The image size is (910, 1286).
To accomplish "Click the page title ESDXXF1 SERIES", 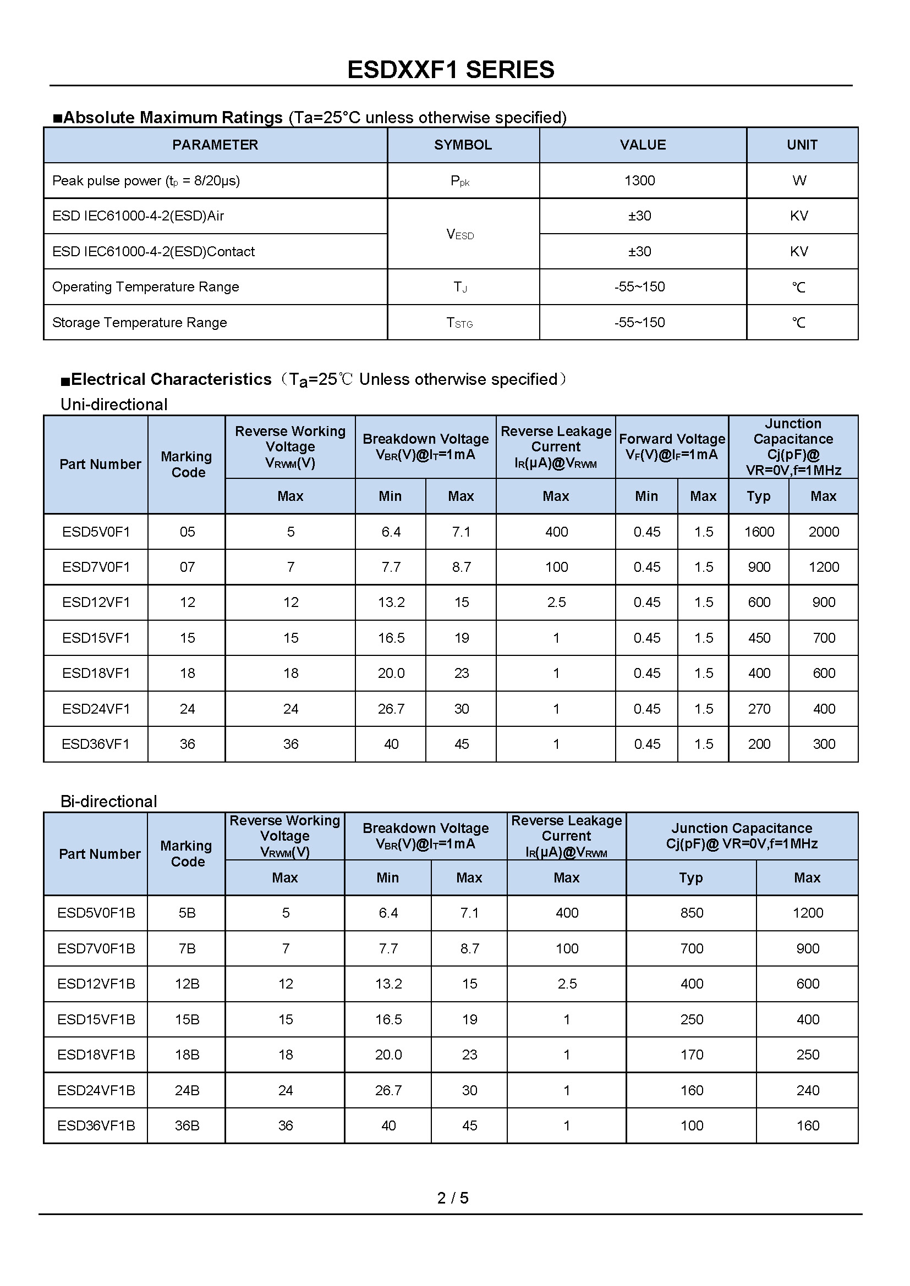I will pyautogui.click(x=451, y=70).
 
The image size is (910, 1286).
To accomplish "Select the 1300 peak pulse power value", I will pyautogui.click(x=639, y=180).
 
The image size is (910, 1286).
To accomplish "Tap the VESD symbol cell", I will pyautogui.click(x=460, y=234).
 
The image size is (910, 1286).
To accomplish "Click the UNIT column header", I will pyautogui.click(x=802, y=145).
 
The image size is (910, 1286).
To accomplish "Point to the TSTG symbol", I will pyautogui.click(x=459, y=323).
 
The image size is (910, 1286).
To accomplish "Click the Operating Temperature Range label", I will pyautogui.click(x=146, y=287).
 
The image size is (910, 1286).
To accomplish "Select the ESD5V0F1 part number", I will pyautogui.click(x=96, y=532).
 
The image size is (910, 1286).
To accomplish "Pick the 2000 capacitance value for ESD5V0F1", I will pyautogui.click(x=823, y=532).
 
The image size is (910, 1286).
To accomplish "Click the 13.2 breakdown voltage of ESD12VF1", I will pyautogui.click(x=391, y=602).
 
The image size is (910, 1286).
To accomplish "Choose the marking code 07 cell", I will pyautogui.click(x=187, y=567).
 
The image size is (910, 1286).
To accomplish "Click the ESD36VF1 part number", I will pyautogui.click(x=96, y=744).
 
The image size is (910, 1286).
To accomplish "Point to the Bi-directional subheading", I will pyautogui.click(x=109, y=802).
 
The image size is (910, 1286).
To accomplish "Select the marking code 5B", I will pyautogui.click(x=187, y=913).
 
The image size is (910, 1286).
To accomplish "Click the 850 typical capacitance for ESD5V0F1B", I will pyautogui.click(x=692, y=913).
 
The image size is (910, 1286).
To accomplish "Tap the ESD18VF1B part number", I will pyautogui.click(x=96, y=1055).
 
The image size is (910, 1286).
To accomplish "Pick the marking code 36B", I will pyautogui.click(x=187, y=1125).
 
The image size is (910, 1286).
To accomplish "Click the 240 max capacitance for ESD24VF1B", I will pyautogui.click(x=808, y=1090).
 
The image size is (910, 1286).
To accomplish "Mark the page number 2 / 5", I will pyautogui.click(x=453, y=1197).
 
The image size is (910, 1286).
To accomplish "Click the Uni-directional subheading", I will pyautogui.click(x=114, y=405).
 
